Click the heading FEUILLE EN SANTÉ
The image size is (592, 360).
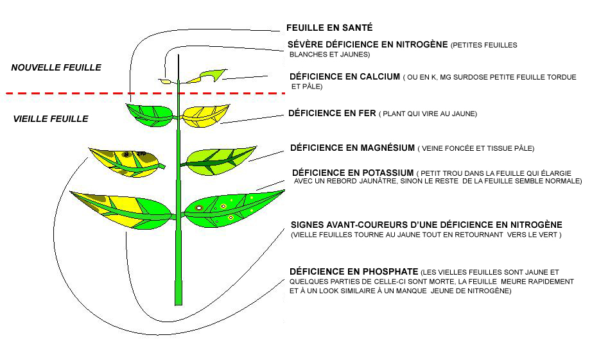point(329,28)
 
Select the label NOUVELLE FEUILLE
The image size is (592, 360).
point(57,67)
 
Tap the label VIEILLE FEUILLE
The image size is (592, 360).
point(51,119)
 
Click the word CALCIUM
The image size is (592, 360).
point(379,76)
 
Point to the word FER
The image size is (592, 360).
point(368,113)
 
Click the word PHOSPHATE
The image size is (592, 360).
point(390,271)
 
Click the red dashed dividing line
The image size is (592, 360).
point(146,93)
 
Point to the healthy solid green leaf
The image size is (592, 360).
point(150,115)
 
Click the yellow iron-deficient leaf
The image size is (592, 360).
point(205,116)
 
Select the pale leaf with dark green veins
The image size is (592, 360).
point(220,160)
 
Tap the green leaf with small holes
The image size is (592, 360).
point(232,210)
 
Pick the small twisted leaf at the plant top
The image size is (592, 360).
point(207,76)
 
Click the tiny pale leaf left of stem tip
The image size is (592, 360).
point(165,81)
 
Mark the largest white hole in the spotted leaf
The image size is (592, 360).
point(198,207)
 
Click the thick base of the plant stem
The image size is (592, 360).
point(178,293)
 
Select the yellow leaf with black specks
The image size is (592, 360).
point(126,162)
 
